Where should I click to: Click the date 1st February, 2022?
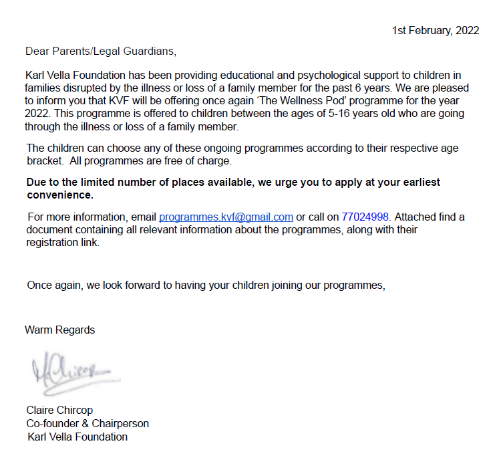tap(436, 31)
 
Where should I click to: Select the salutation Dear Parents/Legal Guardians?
tap(100, 51)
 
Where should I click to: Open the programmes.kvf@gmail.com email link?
tap(226, 217)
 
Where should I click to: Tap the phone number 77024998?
tap(365, 217)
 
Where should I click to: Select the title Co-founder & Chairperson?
tap(88, 424)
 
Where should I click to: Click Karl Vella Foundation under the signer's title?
tap(77, 437)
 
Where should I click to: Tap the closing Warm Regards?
tap(59, 330)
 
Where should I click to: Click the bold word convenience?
tap(59, 195)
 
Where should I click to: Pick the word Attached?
tap(416, 217)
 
